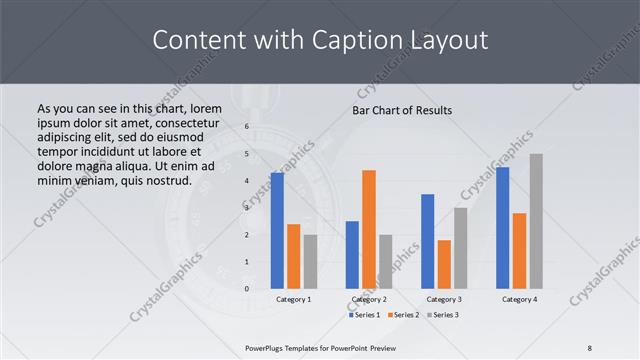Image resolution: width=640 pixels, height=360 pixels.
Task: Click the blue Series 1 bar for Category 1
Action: [x=277, y=230]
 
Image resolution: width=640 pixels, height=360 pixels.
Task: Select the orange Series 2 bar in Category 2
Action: [x=369, y=229]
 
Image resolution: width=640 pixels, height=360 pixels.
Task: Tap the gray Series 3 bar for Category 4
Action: [x=536, y=221]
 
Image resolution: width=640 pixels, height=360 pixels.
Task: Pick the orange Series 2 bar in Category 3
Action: [x=444, y=264]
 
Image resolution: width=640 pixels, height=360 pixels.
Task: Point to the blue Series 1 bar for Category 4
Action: [x=503, y=227]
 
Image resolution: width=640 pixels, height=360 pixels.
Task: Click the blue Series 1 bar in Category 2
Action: [x=352, y=254]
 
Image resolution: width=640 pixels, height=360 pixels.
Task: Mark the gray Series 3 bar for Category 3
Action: [x=461, y=247]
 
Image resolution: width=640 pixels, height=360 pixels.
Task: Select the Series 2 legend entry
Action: [x=403, y=315]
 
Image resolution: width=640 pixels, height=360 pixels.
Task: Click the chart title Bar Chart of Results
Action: [x=402, y=110]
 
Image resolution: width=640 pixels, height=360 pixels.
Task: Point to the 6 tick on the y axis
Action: [x=246, y=127]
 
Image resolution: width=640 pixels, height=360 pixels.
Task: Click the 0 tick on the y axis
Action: [x=246, y=289]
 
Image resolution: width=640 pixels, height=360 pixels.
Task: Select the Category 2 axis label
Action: [x=368, y=299]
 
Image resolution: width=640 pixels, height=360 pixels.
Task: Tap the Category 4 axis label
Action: [x=519, y=299]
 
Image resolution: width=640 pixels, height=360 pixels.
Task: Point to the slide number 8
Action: [x=590, y=347]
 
